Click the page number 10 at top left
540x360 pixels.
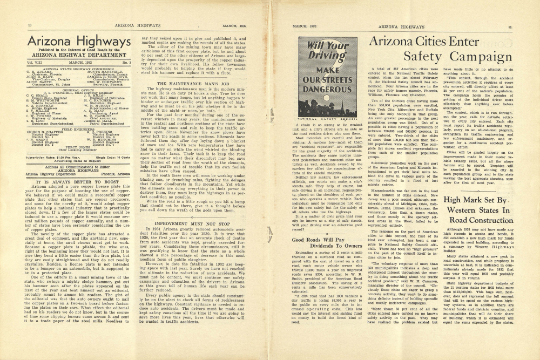tap(29, 25)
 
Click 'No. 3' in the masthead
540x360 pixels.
tap(126, 63)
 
